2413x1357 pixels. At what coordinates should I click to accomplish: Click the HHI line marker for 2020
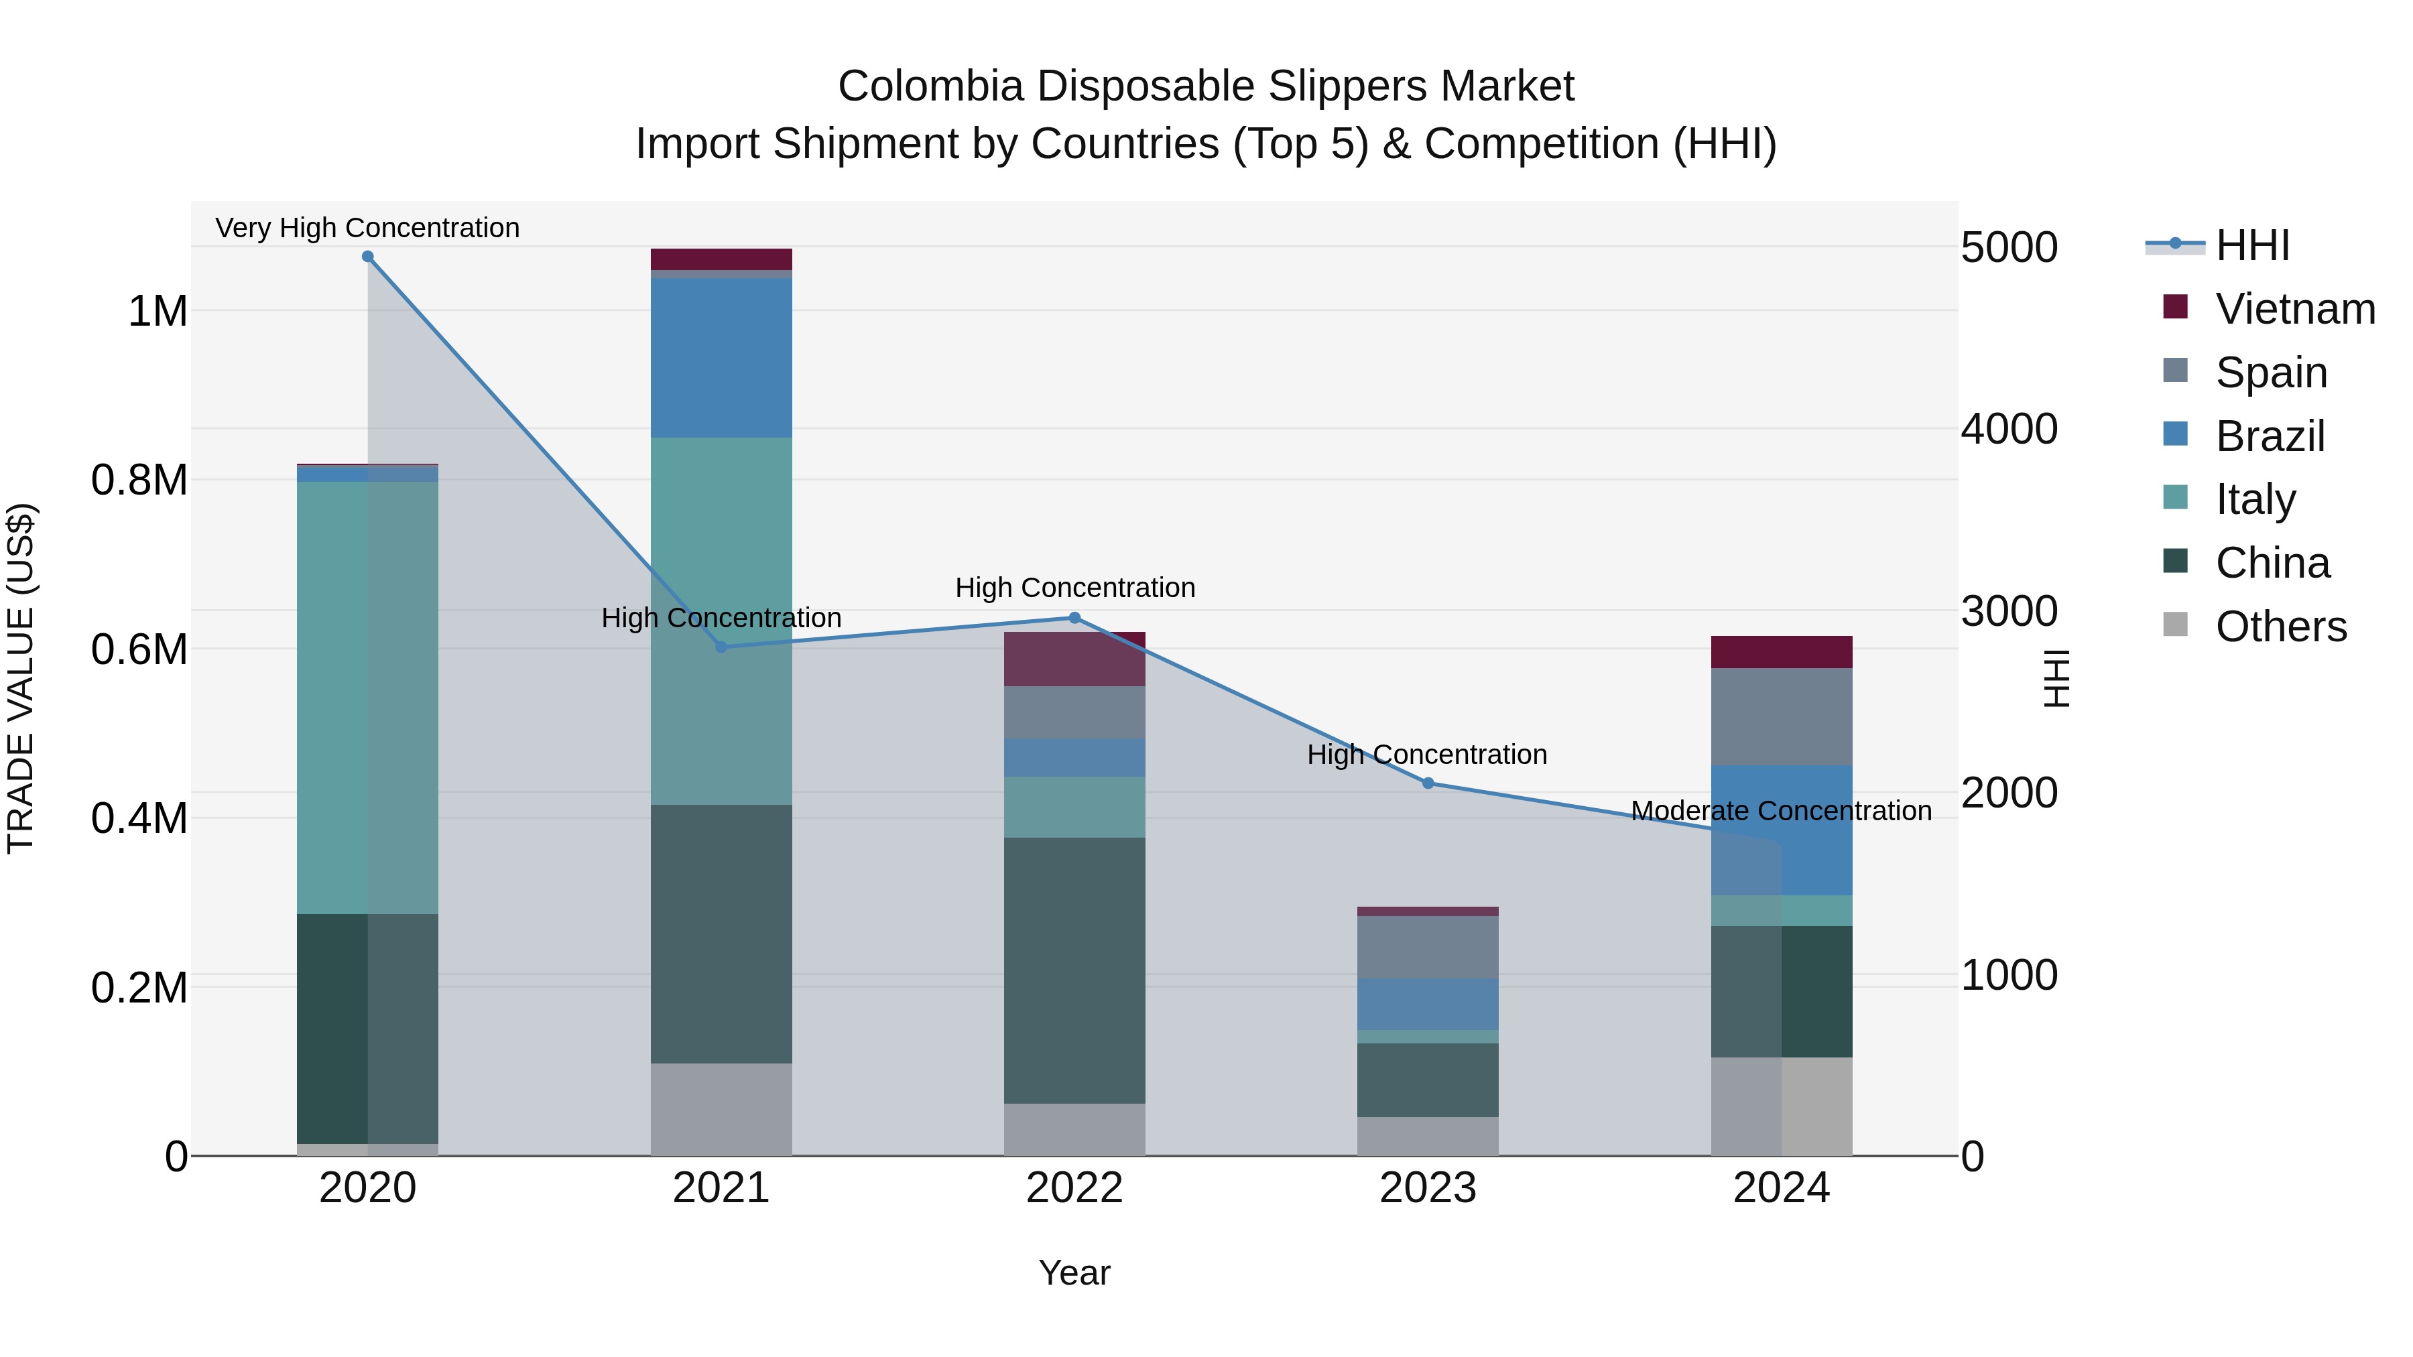click(x=367, y=257)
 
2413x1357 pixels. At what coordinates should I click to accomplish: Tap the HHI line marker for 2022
click(x=1074, y=618)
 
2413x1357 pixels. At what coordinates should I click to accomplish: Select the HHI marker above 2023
click(x=1428, y=783)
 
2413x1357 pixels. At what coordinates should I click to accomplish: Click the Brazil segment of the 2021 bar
click(x=721, y=358)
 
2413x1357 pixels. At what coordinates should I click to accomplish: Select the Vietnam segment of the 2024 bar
click(x=1781, y=652)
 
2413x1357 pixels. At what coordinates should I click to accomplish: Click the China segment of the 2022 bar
click(x=1074, y=970)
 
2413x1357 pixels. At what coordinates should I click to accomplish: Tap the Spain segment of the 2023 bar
click(x=1428, y=947)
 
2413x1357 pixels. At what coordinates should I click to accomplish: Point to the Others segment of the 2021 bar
click(x=721, y=1109)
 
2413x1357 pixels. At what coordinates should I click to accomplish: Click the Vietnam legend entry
click(x=2294, y=309)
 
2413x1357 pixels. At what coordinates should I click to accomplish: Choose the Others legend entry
click(x=2280, y=627)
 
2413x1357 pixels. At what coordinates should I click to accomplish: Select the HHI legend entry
click(x=2252, y=245)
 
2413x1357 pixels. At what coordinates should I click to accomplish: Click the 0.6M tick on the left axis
click(x=139, y=649)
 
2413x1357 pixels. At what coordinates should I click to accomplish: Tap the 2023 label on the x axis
click(x=1428, y=1188)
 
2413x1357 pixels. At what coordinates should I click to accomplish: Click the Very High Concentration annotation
click(x=367, y=228)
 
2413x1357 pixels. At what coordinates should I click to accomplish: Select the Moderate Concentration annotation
click(x=1781, y=810)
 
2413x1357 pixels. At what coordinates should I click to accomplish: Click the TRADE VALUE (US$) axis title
click(x=21, y=678)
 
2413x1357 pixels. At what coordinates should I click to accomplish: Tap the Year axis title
click(x=1074, y=1273)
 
